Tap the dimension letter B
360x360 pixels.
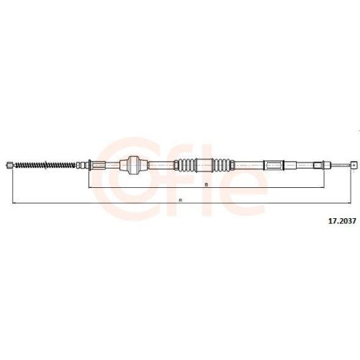click(x=206, y=184)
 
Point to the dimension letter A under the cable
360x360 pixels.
click(x=180, y=199)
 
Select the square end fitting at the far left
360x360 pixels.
click(x=9, y=166)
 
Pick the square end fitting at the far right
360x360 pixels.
click(x=353, y=165)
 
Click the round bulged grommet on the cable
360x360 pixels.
click(x=132, y=165)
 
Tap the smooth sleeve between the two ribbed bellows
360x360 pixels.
click(x=204, y=165)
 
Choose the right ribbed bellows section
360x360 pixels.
click(x=221, y=165)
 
